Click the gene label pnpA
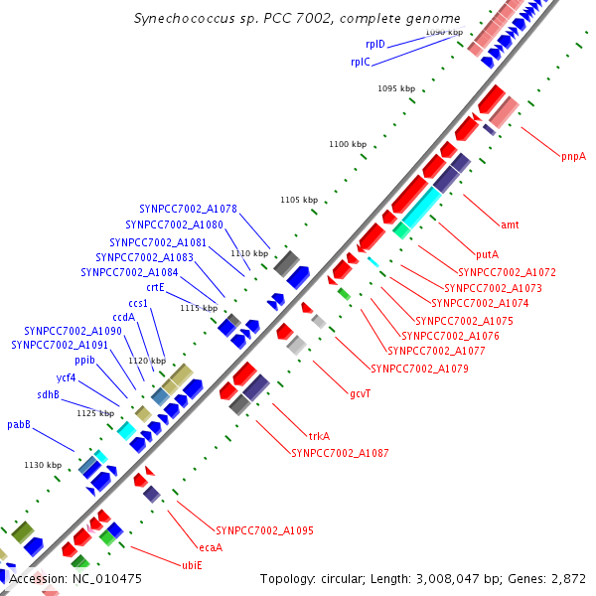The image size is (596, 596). click(x=573, y=156)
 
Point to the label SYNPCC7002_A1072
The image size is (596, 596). click(x=507, y=271)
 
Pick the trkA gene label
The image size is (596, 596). click(x=319, y=436)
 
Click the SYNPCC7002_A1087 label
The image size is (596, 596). click(x=340, y=453)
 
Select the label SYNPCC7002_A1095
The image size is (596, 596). click(x=264, y=530)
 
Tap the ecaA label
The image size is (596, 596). click(x=211, y=547)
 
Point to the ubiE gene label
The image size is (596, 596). click(x=192, y=565)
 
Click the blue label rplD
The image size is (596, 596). click(x=375, y=45)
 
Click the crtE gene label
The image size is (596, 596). click(x=155, y=287)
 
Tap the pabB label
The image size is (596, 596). click(x=19, y=424)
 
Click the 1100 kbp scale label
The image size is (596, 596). click(x=348, y=145)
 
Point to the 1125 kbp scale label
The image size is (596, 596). click(x=95, y=412)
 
